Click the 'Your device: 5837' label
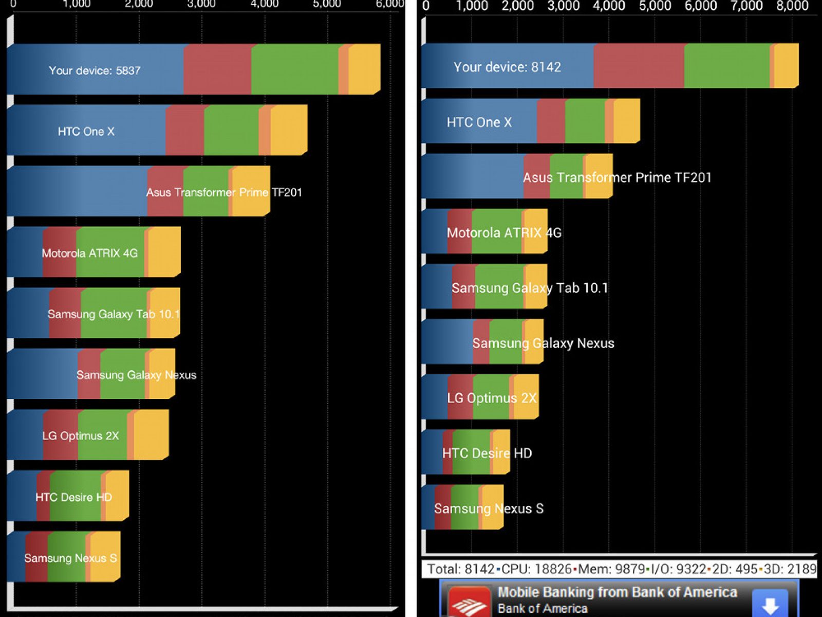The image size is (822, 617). [95, 70]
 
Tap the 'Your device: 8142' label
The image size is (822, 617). [507, 67]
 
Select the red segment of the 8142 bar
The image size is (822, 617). [638, 66]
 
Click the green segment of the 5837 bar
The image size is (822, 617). [294, 69]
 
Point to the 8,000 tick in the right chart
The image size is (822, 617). [792, 6]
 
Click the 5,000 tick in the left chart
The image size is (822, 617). [327, 4]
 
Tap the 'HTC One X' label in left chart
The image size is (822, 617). [86, 132]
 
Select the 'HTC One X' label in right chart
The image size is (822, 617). [479, 122]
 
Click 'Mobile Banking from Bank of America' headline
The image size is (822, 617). [617, 592]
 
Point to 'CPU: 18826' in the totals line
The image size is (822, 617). [536, 569]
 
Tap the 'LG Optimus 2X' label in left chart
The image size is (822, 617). [80, 436]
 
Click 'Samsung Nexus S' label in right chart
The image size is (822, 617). [489, 509]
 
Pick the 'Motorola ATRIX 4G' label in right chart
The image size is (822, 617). [504, 233]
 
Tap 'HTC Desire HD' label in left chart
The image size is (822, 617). [73, 497]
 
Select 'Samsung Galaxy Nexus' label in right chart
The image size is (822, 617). [543, 343]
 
